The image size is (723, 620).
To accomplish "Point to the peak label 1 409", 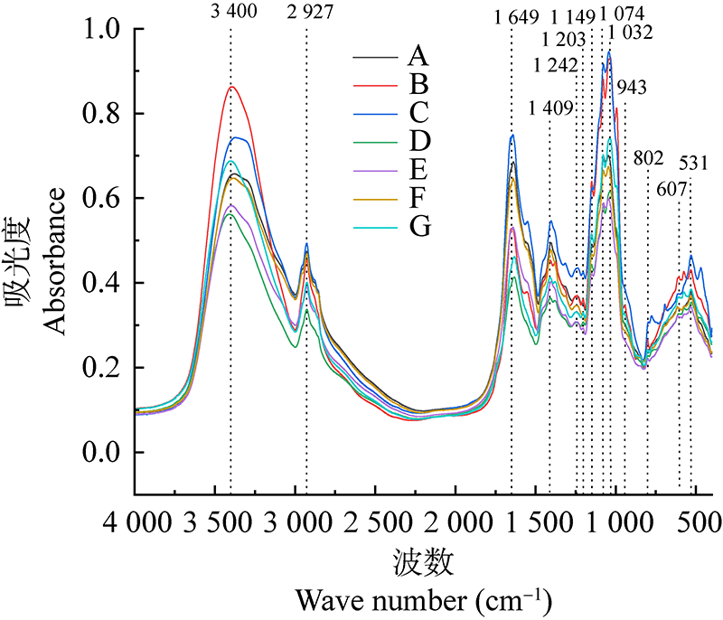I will click(550, 109).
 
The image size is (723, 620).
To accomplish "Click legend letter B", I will click(418, 85).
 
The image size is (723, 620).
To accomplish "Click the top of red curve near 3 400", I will click(232, 87).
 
